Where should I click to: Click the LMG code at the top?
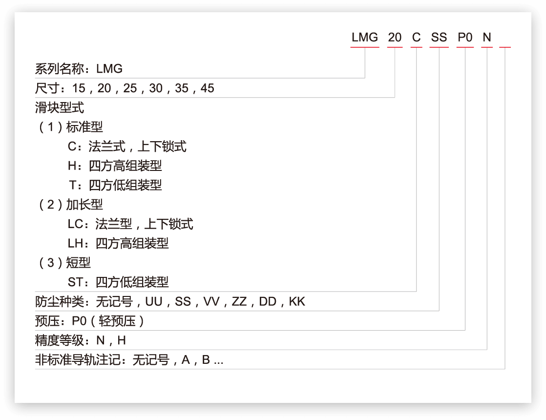pyautogui.click(x=365, y=37)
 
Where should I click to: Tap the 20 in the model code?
pyautogui.click(x=395, y=37)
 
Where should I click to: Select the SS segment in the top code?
pyautogui.click(x=439, y=37)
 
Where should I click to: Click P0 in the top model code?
pyautogui.click(x=465, y=37)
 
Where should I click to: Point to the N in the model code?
pyautogui.click(x=487, y=37)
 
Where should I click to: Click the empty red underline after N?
pyautogui.click(x=505, y=47)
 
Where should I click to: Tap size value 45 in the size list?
pyautogui.click(x=207, y=88)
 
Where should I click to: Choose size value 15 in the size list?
pyautogui.click(x=79, y=88)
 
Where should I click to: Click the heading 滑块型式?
pyautogui.click(x=60, y=107)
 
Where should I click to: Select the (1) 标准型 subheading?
pyautogui.click(x=71, y=127)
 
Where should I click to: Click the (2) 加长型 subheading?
pyautogui.click(x=71, y=205)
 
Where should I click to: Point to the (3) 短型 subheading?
pyautogui.click(x=64, y=263)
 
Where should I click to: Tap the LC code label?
pyautogui.click(x=76, y=224)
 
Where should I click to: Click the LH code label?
pyautogui.click(x=76, y=243)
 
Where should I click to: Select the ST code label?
pyautogui.click(x=75, y=282)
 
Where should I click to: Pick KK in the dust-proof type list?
pyautogui.click(x=297, y=302)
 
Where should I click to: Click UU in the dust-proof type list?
pyautogui.click(x=154, y=302)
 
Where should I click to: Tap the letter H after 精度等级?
pyautogui.click(x=122, y=340)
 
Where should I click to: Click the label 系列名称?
pyautogui.click(x=60, y=69)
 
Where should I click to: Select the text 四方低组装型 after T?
pyautogui.click(x=126, y=185)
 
